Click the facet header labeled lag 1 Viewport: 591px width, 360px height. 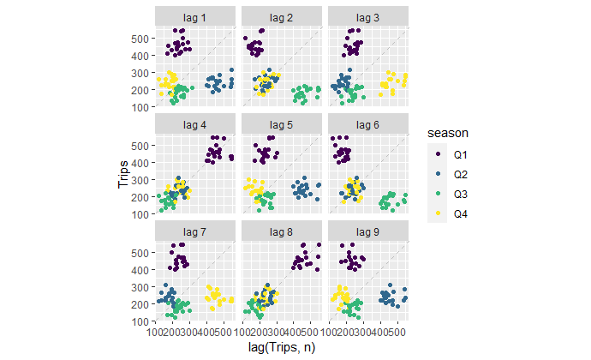pyautogui.click(x=195, y=16)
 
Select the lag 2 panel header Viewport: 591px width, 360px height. pyautogui.click(x=281, y=16)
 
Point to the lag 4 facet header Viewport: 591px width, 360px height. pyautogui.click(x=195, y=124)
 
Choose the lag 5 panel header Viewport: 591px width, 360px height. pyautogui.click(x=281, y=124)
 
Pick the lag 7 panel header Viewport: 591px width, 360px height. pyautogui.click(x=195, y=231)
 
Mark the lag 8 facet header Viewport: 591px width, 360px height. pyautogui.click(x=281, y=231)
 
